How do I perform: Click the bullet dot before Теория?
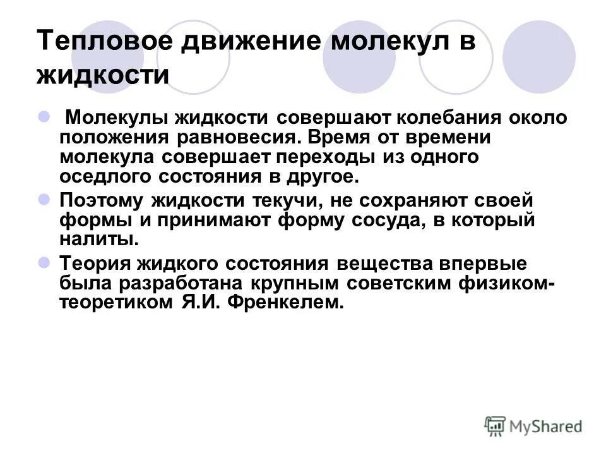(x=44, y=262)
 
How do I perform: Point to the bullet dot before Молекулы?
(x=44, y=116)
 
